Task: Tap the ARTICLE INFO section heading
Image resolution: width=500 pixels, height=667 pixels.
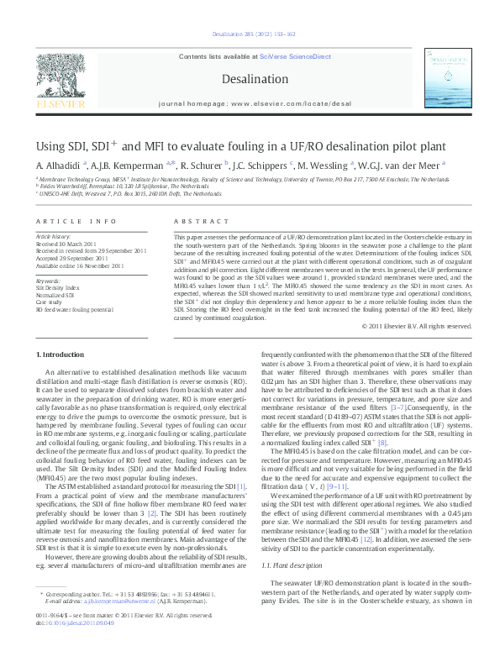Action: pyautogui.click(x=76, y=221)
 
